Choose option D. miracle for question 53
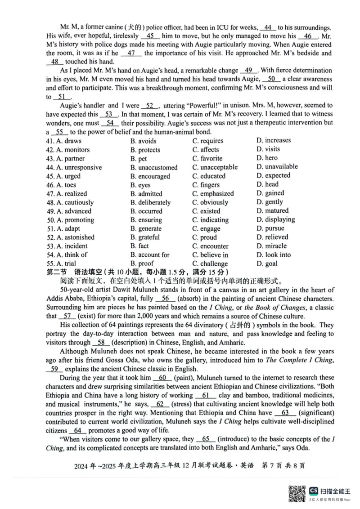pos(271,246)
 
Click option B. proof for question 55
pos(142,263)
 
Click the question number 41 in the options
pos(50,141)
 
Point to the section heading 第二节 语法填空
pos(74,272)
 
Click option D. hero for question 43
pos(267,158)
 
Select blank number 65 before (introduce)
pos(206,439)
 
